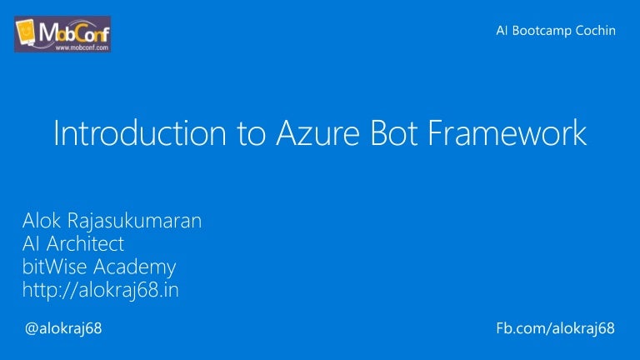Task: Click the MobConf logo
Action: (x=62, y=34)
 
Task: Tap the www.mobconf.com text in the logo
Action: (x=82, y=47)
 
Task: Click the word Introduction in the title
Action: (x=140, y=133)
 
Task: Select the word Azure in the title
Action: (x=317, y=133)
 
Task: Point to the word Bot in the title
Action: (x=394, y=133)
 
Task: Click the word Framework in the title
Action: (x=507, y=133)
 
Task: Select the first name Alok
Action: (x=42, y=221)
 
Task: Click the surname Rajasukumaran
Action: (x=134, y=222)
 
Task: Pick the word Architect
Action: (x=85, y=244)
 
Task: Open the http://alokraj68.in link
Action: (x=100, y=291)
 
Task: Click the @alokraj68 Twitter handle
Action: (x=63, y=329)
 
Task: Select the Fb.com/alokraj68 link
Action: (x=555, y=329)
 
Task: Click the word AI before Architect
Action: (x=32, y=244)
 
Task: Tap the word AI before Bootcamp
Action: (x=502, y=31)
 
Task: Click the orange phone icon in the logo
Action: (x=25, y=31)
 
